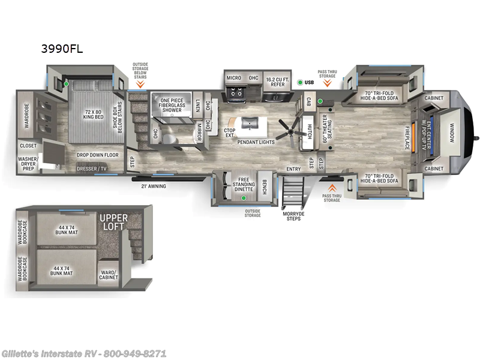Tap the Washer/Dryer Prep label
pos(28,164)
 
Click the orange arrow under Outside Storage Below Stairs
pos(140,85)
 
